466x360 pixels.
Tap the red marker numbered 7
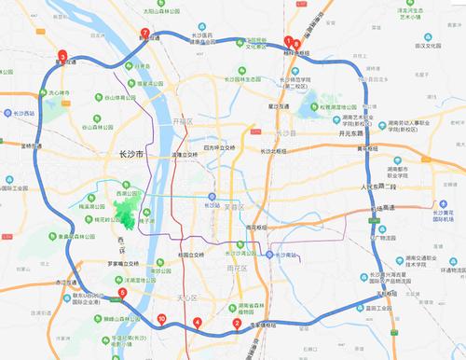pyautogui.click(x=144, y=35)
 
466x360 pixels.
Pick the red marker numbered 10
pyautogui.click(x=162, y=320)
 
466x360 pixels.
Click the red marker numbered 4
pyautogui.click(x=197, y=324)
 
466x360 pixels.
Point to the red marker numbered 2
pyautogui.click(x=237, y=325)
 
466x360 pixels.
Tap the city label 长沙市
pyautogui.click(x=126, y=155)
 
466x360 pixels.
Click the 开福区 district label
pyautogui.click(x=183, y=122)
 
